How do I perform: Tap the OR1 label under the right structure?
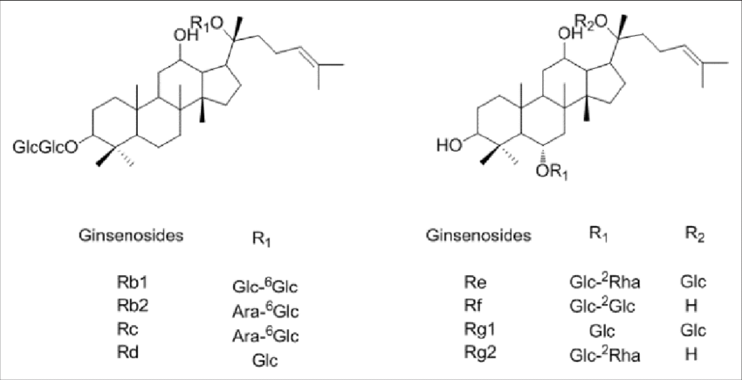click(x=551, y=173)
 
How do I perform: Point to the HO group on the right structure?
click(x=448, y=144)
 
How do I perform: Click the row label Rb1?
click(x=132, y=283)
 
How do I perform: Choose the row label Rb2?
click(x=132, y=306)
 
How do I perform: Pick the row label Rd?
click(x=127, y=354)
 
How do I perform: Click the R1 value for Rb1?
click(x=265, y=286)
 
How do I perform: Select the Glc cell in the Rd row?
click(x=265, y=361)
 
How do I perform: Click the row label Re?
click(x=472, y=283)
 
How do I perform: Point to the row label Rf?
click(x=472, y=306)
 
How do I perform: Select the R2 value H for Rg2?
click(x=691, y=354)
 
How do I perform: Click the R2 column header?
click(x=694, y=236)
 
